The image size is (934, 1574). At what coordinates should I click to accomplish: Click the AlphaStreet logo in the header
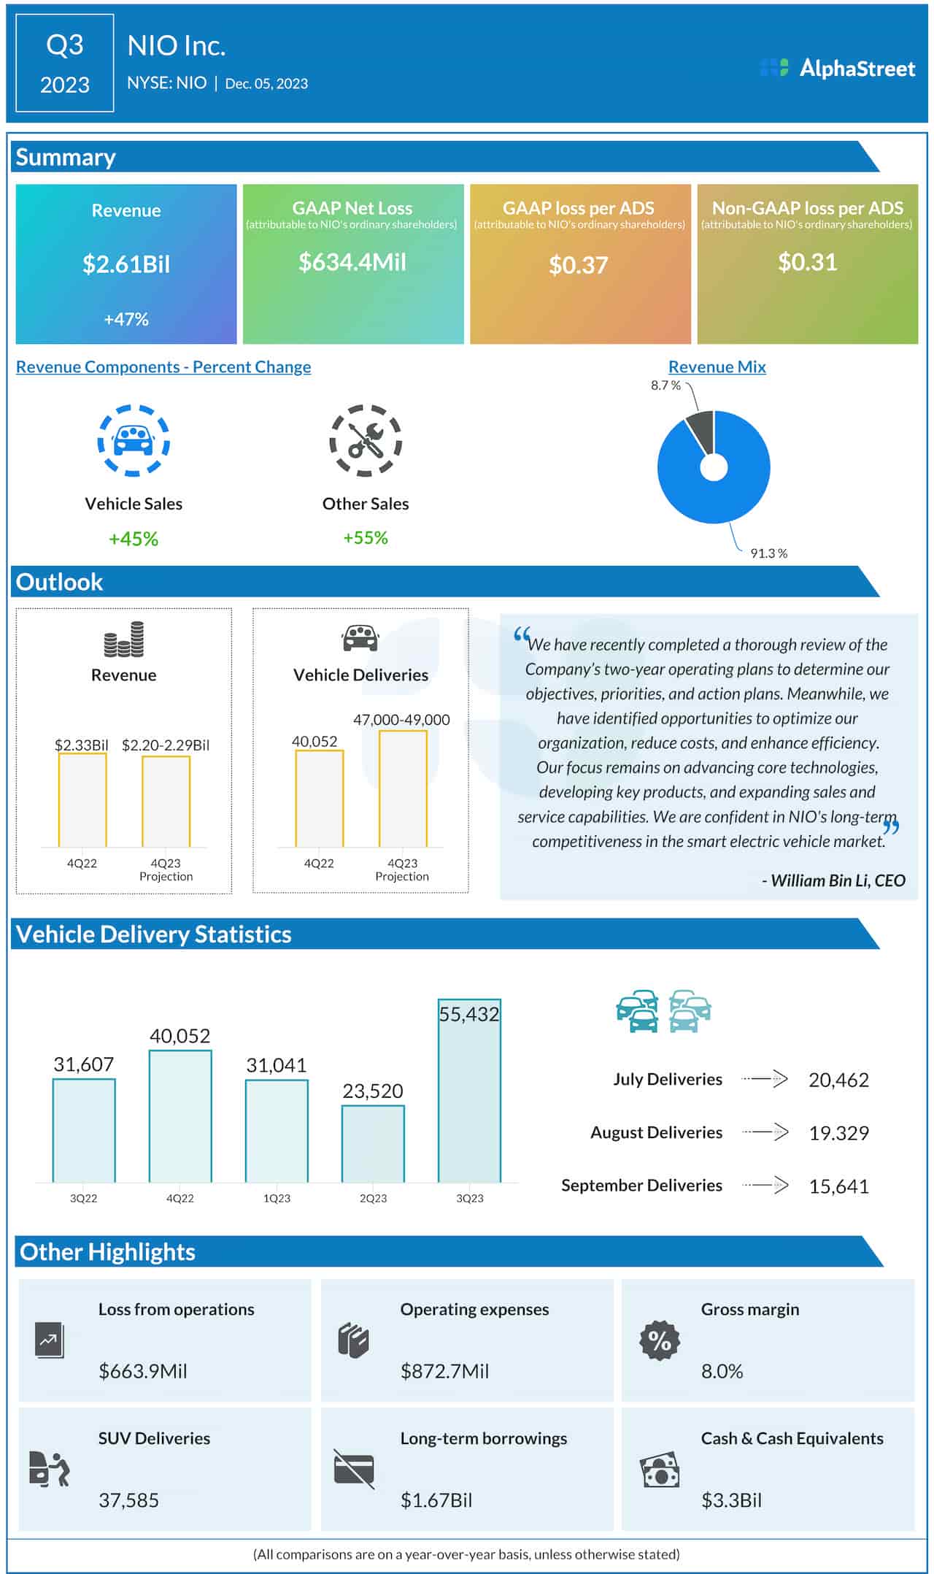837,69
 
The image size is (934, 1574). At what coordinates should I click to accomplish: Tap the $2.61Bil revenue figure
126,264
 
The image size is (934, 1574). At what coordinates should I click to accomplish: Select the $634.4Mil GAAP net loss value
352,262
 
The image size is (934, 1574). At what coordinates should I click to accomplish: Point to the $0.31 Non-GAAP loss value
807,262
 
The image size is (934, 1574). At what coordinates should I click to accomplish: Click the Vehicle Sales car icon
134,440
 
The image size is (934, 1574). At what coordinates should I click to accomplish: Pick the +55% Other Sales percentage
366,538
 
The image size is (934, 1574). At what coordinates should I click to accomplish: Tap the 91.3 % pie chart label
768,553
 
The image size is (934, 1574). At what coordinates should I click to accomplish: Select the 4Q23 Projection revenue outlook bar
166,802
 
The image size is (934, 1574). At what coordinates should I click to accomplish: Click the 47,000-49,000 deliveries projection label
401,720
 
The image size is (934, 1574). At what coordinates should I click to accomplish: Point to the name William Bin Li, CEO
837,880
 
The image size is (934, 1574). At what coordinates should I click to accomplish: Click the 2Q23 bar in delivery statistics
373,1143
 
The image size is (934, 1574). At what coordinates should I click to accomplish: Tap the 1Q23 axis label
277,1198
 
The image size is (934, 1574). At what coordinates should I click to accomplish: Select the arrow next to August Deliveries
765,1132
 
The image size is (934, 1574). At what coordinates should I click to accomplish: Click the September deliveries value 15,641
838,1186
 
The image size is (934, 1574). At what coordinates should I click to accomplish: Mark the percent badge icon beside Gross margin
660,1340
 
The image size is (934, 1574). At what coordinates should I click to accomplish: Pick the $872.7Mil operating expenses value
444,1371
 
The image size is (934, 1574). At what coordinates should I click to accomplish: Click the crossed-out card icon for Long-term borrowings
354,1468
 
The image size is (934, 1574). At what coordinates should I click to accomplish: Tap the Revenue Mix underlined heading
717,367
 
